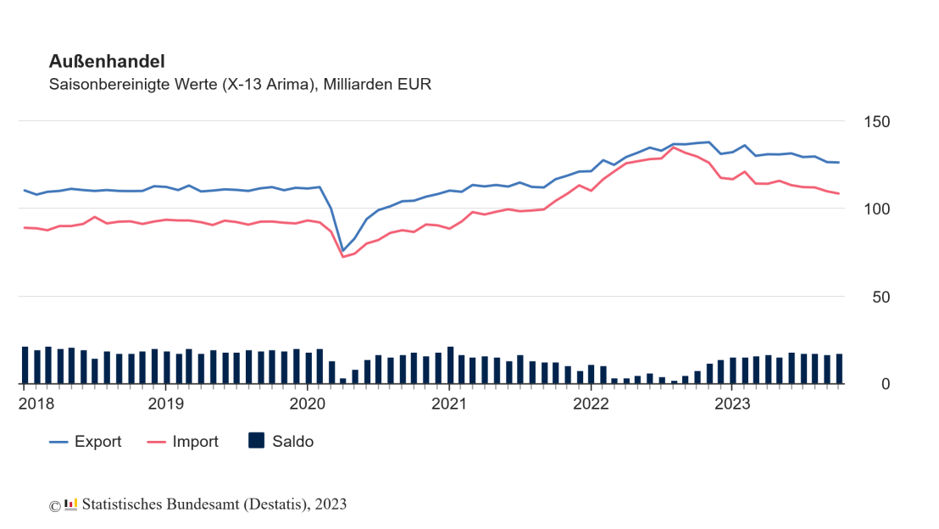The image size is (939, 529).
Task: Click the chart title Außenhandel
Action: click(x=107, y=61)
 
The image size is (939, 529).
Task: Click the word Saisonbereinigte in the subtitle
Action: click(x=100, y=85)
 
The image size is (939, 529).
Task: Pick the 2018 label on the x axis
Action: click(x=36, y=404)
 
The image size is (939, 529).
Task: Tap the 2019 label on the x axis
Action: click(x=166, y=404)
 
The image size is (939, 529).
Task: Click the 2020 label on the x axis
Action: click(x=308, y=404)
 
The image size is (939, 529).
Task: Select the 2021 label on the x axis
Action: click(x=449, y=404)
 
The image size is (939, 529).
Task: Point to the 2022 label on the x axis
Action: click(x=591, y=404)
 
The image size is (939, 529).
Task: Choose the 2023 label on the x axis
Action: click(x=732, y=404)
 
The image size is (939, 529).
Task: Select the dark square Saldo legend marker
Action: click(x=256, y=441)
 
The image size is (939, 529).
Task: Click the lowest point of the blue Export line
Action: click(x=343, y=250)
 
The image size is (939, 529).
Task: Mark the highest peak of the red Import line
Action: click(x=674, y=148)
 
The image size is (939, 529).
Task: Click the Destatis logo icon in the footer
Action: click(x=70, y=504)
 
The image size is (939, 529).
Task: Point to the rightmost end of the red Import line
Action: click(x=839, y=194)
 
